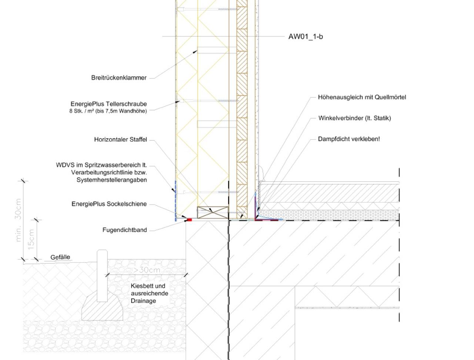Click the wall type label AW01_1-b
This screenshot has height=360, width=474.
(306, 37)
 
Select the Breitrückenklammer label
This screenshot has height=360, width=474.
(119, 78)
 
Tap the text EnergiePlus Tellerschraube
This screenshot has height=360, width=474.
(109, 104)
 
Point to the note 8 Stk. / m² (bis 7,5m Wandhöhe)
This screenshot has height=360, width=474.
(108, 111)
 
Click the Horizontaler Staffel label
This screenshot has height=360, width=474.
(120, 139)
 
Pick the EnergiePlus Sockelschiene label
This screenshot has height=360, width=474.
(109, 204)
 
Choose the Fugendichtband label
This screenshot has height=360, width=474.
(124, 230)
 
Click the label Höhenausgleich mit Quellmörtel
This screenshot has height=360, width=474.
(362, 97)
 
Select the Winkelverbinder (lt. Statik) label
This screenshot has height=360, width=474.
(355, 118)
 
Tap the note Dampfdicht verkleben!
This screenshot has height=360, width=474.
(349, 139)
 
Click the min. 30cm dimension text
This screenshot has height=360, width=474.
(19, 220)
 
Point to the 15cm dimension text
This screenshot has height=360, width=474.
(31, 239)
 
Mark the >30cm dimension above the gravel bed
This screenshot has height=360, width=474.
(147, 270)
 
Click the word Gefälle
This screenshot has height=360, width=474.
(60, 257)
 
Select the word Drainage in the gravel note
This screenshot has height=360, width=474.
(143, 301)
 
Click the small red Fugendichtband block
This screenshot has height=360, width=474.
(189, 220)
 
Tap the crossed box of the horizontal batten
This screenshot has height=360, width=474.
(213, 212)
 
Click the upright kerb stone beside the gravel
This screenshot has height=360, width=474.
(102, 276)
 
